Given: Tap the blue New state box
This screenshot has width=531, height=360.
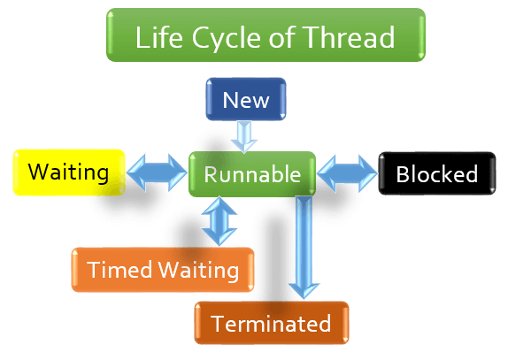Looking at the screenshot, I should pyautogui.click(x=246, y=100).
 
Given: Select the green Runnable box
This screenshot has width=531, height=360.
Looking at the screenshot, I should pyautogui.click(x=252, y=174).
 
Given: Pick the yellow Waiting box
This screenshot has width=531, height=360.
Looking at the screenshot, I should pyautogui.click(x=68, y=171).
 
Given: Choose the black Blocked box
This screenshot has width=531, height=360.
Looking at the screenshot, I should pyautogui.click(x=437, y=173).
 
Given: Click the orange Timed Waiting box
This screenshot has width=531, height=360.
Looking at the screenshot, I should pyautogui.click(x=163, y=270).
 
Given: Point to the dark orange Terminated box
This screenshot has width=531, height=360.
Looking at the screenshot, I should pyautogui.click(x=272, y=324).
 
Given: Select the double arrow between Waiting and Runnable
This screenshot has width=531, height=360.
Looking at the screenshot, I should pyautogui.click(x=158, y=172).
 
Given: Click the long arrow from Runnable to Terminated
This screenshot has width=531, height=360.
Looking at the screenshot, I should pyautogui.click(x=304, y=248).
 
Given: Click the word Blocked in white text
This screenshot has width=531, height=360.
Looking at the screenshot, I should pyautogui.click(x=437, y=174).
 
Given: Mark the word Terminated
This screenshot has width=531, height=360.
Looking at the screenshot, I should pyautogui.click(x=272, y=325).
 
